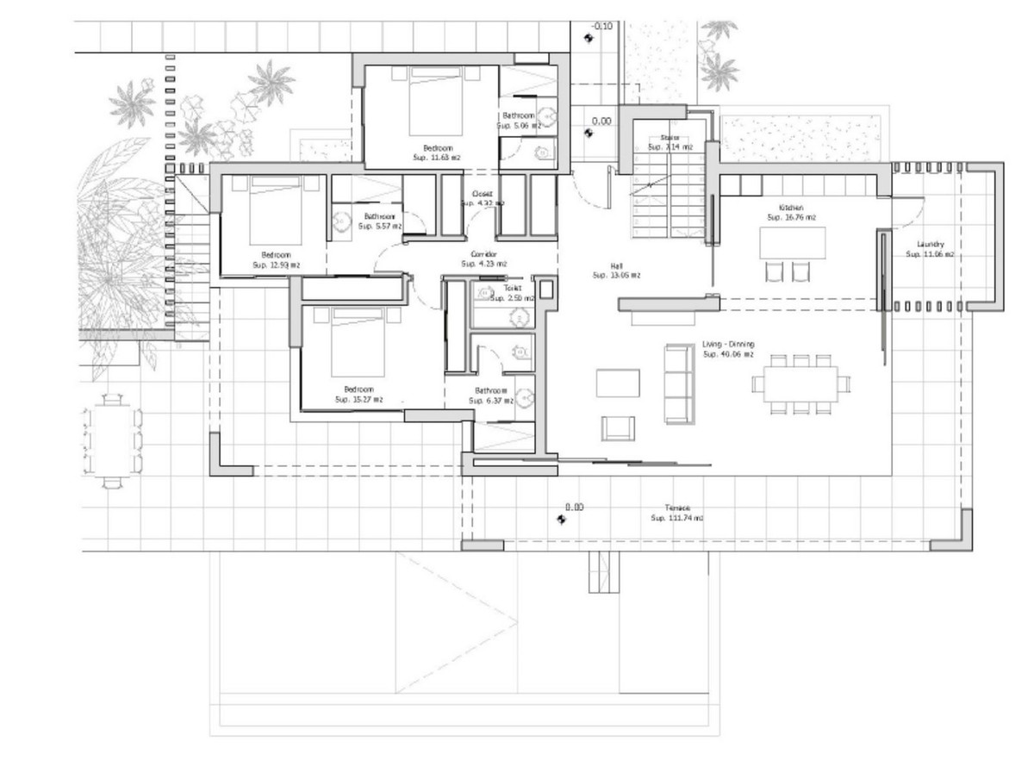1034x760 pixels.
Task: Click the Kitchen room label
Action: pyautogui.click(x=791, y=208)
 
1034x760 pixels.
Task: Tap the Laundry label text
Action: pyautogui.click(x=930, y=244)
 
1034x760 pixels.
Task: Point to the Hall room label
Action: pyautogui.click(x=616, y=266)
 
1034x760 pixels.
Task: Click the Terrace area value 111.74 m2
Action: pyautogui.click(x=676, y=518)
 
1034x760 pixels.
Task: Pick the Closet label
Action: pyautogui.click(x=482, y=194)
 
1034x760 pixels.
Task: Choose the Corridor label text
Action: pyautogui.click(x=483, y=254)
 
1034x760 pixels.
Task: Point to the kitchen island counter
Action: pyautogui.click(x=792, y=242)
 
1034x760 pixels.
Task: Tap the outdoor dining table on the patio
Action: pyautogui.click(x=111, y=440)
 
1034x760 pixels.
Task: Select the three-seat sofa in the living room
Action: pyautogui.click(x=678, y=383)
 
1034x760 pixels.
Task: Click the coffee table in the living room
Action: pyautogui.click(x=618, y=383)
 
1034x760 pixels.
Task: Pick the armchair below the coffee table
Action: pyautogui.click(x=618, y=427)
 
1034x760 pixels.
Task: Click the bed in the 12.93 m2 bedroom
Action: pyautogui.click(x=276, y=211)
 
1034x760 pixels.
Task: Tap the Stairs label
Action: pyautogui.click(x=670, y=137)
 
